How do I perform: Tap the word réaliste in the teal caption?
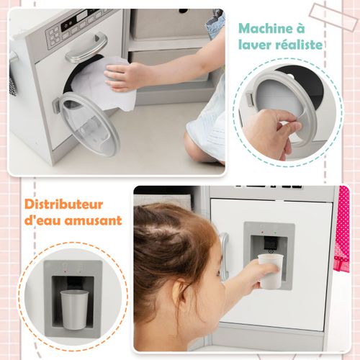coord(297,45)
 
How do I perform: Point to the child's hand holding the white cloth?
coord(125,76)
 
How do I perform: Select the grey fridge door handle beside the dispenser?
coord(224,256)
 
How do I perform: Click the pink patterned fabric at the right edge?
coord(342,230)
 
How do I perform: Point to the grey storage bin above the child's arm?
coord(166,22)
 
